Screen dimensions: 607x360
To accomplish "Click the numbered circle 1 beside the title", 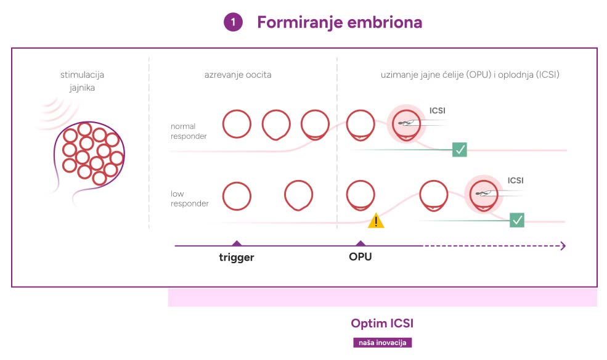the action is tap(233, 22).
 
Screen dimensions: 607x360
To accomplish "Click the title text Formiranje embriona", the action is tap(340, 22).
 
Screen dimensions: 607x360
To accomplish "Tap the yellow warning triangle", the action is tap(376, 221).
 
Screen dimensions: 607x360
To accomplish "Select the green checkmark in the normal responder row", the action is tap(460, 149).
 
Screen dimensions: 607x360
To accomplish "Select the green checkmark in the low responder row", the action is tap(517, 220).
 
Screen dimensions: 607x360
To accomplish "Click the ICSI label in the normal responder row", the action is tap(438, 111).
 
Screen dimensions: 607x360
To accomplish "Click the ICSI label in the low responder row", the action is tap(516, 181).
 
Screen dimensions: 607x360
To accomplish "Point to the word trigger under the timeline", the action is tap(237, 258).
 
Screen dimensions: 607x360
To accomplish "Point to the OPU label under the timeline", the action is tap(361, 257).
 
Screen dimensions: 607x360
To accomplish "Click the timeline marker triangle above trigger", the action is tap(237, 243).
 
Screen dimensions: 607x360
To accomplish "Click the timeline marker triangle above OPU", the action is tap(361, 243).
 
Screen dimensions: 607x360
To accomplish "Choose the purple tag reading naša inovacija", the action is tap(383, 343).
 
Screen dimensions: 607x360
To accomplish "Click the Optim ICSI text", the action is tap(382, 323).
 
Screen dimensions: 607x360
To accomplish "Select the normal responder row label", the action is tap(189, 131).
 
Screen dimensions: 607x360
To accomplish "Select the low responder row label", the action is tap(189, 198).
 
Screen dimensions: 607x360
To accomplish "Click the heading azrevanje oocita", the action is tap(238, 75).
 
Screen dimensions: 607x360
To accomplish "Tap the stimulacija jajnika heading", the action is tap(82, 81).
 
